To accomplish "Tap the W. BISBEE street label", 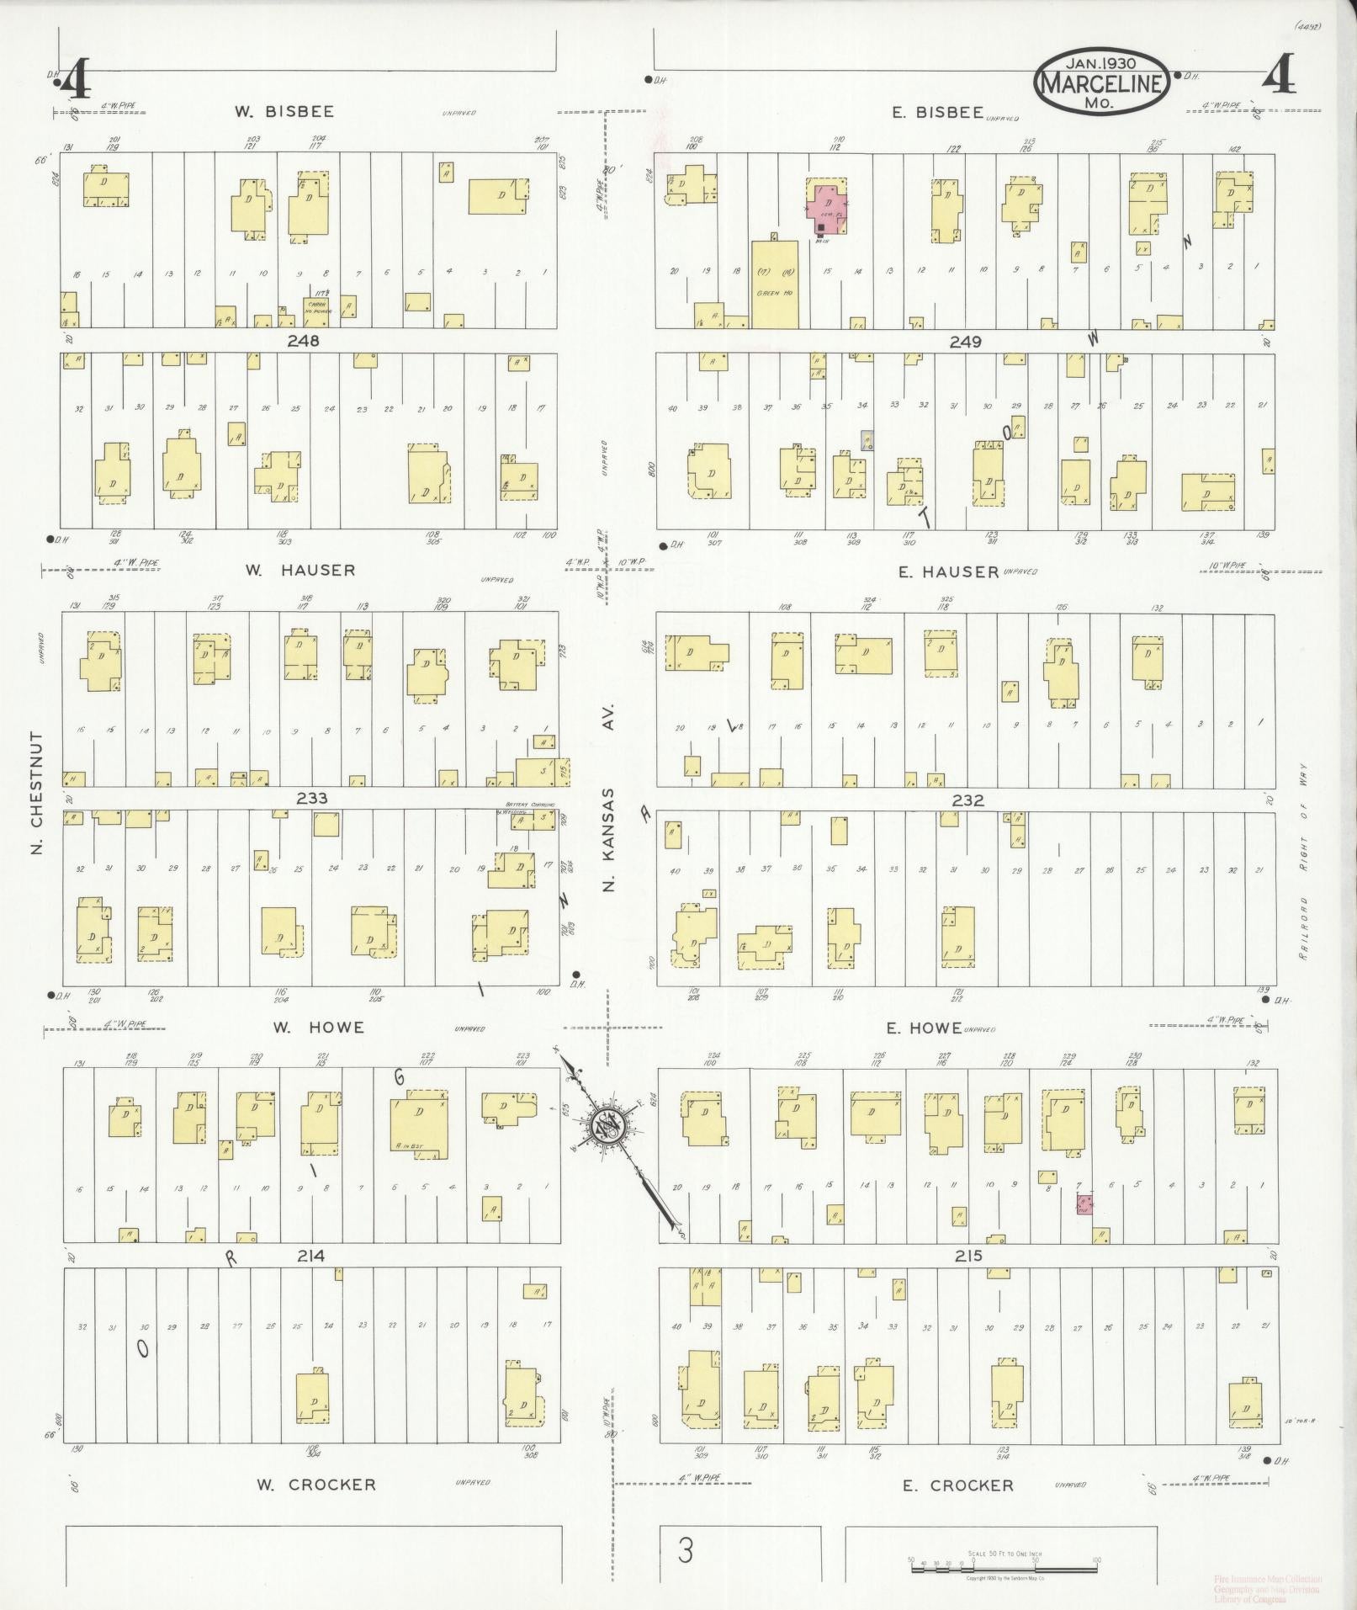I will click(284, 111).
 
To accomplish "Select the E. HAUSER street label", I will click(948, 571).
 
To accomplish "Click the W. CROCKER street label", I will click(315, 1485).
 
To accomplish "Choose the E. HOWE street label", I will click(924, 1028).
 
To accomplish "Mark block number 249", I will click(965, 342).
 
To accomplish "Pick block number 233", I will click(311, 798).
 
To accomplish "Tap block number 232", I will click(967, 800).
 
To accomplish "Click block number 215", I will click(968, 1256).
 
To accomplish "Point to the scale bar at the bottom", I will click(1003, 1560).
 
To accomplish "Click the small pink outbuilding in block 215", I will click(1084, 1204).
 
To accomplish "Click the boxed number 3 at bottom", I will click(686, 1550).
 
